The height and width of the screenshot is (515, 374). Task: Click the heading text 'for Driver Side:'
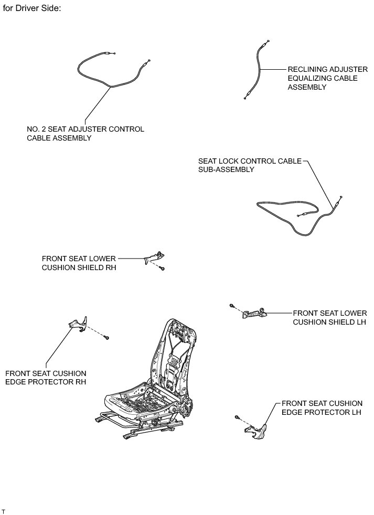click(32, 9)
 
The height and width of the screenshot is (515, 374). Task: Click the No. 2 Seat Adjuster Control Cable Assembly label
click(86, 134)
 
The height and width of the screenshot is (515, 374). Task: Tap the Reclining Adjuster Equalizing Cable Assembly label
click(323, 78)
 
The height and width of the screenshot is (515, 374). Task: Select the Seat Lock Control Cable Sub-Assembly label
click(250, 165)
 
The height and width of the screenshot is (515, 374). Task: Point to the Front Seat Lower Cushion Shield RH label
click(79, 263)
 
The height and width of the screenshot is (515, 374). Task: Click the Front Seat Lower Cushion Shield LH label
click(329, 317)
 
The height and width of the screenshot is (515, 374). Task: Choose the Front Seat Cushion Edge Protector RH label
click(46, 378)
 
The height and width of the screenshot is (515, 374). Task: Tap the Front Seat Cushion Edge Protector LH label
click(322, 407)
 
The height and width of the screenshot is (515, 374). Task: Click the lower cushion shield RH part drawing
click(153, 256)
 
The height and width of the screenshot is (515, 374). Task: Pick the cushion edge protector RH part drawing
click(78, 324)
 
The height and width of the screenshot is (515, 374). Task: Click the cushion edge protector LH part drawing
click(255, 431)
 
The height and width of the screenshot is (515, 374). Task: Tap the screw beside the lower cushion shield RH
click(163, 269)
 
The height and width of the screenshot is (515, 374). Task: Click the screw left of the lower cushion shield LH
click(232, 306)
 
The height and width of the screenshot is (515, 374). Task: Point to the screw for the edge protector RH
click(107, 337)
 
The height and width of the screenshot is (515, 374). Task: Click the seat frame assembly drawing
click(152, 383)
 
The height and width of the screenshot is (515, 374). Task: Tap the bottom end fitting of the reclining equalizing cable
click(245, 97)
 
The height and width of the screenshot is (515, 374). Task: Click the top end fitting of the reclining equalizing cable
click(268, 41)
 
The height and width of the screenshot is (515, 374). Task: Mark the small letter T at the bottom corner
click(4, 510)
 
